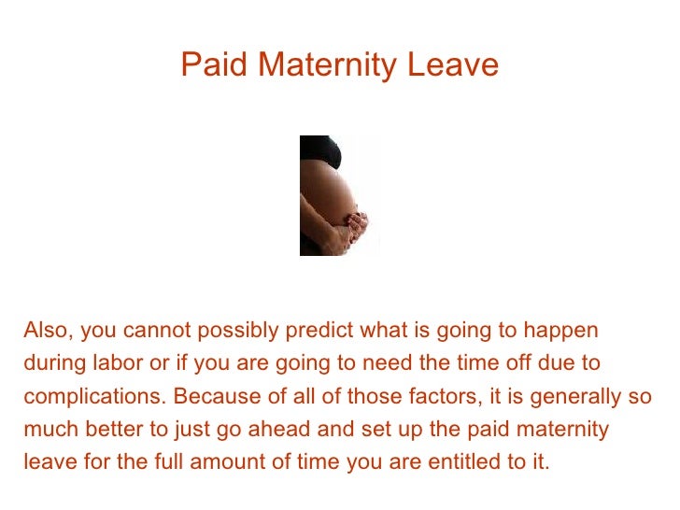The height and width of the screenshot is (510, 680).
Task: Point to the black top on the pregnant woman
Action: tap(318, 151)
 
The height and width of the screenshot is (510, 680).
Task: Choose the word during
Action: tap(51, 362)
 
